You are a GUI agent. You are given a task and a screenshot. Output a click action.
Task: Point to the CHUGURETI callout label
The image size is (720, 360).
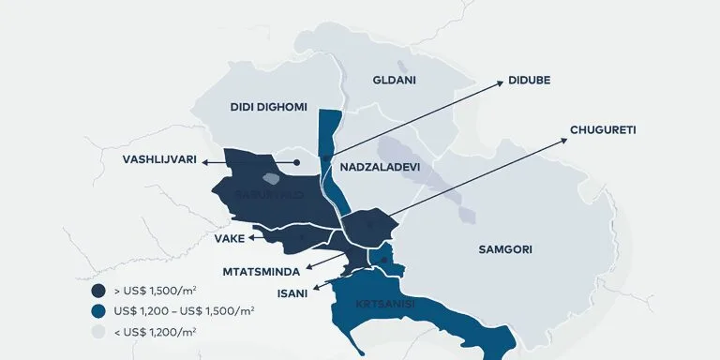[603, 129]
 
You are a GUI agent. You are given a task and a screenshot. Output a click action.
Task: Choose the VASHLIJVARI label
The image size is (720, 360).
[159, 160]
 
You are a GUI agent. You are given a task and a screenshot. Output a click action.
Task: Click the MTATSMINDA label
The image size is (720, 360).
[262, 271]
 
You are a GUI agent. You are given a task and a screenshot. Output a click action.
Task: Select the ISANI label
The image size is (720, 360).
[290, 292]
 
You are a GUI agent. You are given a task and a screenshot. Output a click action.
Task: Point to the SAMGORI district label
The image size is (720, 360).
[505, 249]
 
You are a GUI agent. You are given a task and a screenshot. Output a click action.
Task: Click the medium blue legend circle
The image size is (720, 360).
[97, 310]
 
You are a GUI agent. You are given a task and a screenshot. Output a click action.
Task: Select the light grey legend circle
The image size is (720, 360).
[97, 332]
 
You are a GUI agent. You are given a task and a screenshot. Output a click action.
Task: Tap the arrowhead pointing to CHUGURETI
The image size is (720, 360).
[565, 140]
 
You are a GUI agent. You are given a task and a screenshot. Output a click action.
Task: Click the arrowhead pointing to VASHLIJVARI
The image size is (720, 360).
[207, 161]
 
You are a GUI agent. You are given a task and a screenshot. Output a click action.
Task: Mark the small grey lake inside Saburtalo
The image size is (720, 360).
[271, 177]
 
